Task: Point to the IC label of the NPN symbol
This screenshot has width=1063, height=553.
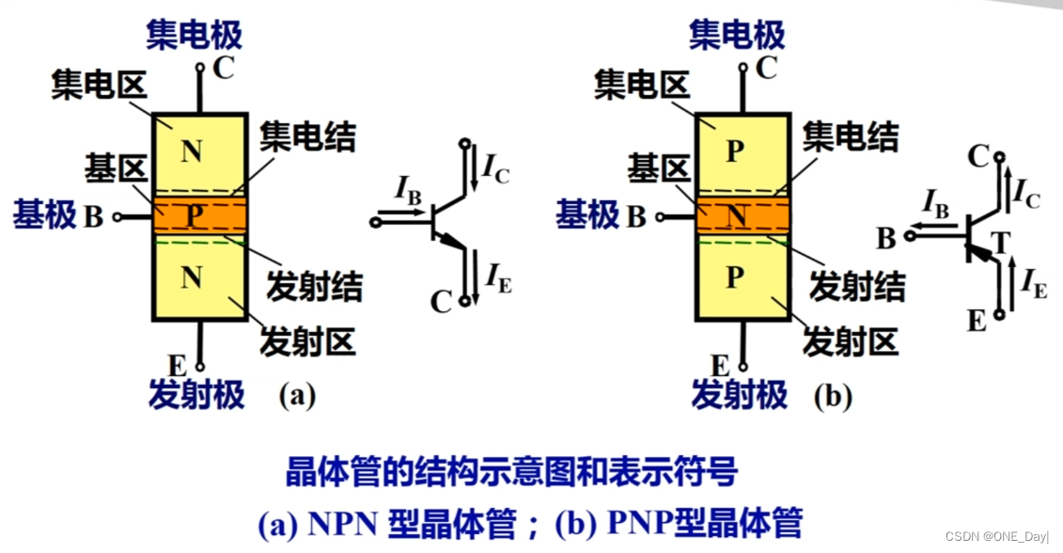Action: pyautogui.click(x=495, y=169)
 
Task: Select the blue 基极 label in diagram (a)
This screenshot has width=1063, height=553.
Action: pyautogui.click(x=44, y=216)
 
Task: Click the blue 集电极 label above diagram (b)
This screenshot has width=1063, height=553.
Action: pyautogui.click(x=737, y=36)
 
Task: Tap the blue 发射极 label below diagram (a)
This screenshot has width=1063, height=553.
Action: pyautogui.click(x=195, y=395)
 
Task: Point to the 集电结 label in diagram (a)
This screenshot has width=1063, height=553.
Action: pyautogui.click(x=307, y=137)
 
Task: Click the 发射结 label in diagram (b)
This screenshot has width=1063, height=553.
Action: pyautogui.click(x=857, y=286)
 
